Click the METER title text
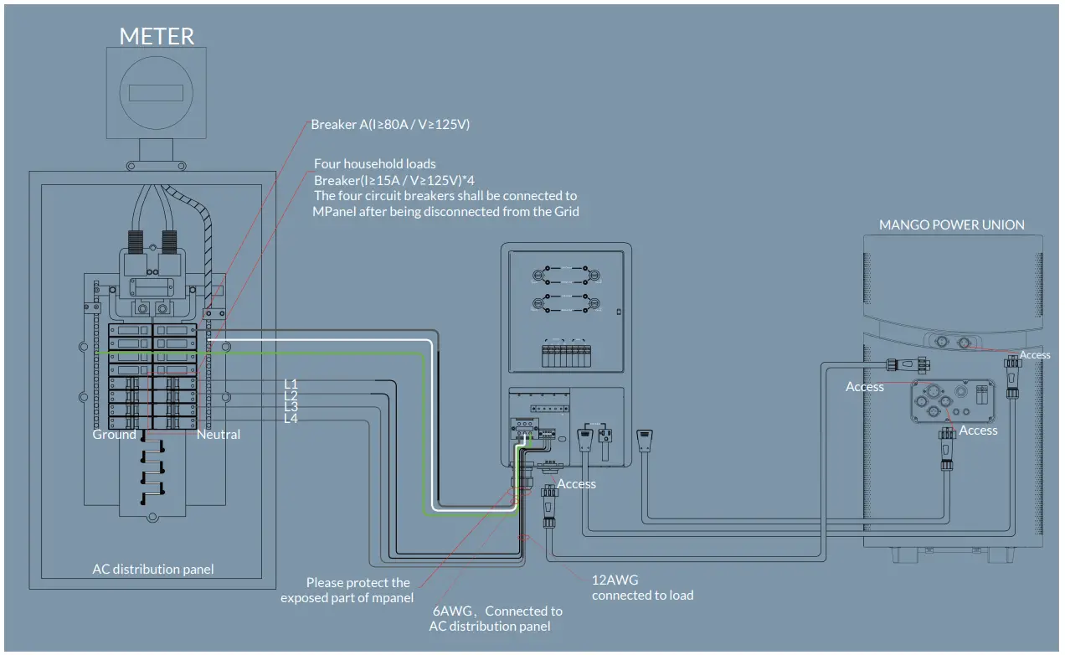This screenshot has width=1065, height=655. (x=157, y=36)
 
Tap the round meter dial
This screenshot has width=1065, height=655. (x=157, y=93)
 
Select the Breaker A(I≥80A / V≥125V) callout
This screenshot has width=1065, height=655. (x=390, y=124)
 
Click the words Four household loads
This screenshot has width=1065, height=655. (x=374, y=163)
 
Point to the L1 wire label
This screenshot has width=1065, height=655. (x=291, y=384)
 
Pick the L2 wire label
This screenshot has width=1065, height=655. (x=291, y=395)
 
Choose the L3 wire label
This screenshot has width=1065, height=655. (x=291, y=406)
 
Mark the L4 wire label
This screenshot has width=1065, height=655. (x=291, y=418)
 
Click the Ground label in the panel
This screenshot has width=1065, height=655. (x=114, y=434)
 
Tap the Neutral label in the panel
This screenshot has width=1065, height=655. (x=219, y=434)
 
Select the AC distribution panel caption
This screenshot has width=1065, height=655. (x=153, y=569)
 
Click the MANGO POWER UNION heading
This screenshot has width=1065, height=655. (x=951, y=224)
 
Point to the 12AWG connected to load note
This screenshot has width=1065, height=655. (x=642, y=588)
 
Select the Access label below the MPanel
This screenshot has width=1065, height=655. (x=576, y=483)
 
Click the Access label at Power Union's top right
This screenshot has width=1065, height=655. (x=1035, y=355)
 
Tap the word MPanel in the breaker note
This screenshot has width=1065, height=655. (x=333, y=211)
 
